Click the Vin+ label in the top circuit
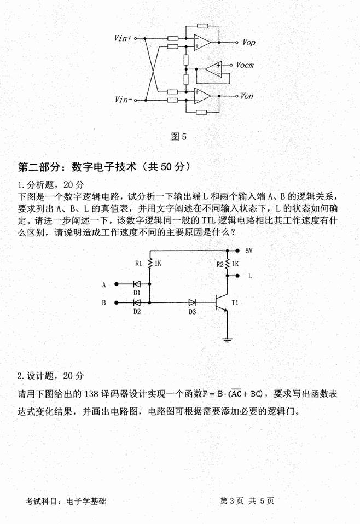click(123, 38)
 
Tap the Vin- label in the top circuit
click(124, 100)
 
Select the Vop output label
click(248, 42)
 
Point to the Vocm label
click(245, 65)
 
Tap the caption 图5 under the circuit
click(179, 137)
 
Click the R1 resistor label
click(138, 263)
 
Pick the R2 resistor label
click(220, 264)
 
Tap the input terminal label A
click(104, 284)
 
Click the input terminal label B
click(104, 302)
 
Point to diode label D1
click(137, 293)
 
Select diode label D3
click(192, 311)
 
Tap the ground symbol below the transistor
click(228, 341)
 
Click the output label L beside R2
click(250, 276)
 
